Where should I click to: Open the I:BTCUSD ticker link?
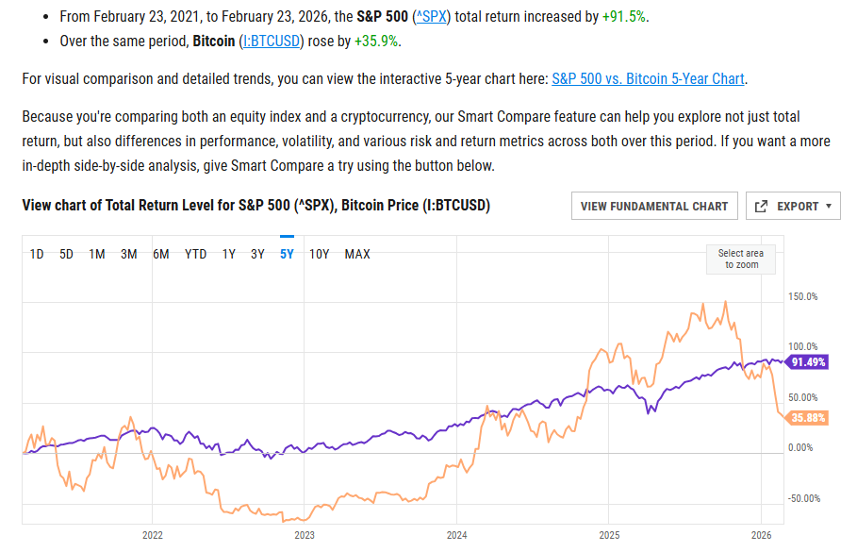[272, 42]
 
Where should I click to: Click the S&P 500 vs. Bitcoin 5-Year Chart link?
[648, 79]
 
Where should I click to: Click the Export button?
[793, 206]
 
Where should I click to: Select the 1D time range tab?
[37, 254]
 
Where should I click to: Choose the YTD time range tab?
[195, 254]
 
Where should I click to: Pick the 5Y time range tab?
[288, 254]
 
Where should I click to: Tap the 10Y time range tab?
[319, 254]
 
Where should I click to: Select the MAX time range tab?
[357, 254]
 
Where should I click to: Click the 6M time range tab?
[161, 254]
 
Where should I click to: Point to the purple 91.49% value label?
[808, 361]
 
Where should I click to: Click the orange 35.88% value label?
[808, 418]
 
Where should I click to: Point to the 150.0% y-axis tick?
[801, 297]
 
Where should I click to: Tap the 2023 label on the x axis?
[304, 535]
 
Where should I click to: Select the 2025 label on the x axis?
[608, 535]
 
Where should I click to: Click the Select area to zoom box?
[741, 259]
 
